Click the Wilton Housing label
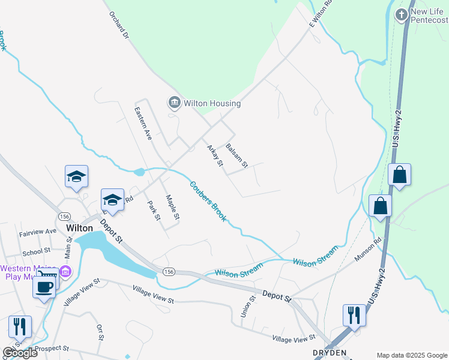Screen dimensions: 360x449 pos(212,103)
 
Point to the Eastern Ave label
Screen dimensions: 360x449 pos(143,123)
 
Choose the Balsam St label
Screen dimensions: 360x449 pos(236,155)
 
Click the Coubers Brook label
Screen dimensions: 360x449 pos(208,202)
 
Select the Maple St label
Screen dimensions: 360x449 pos(172,207)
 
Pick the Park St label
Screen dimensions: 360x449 pos(154,210)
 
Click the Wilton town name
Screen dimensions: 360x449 pos(79,229)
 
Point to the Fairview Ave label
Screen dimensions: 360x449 pos(37,231)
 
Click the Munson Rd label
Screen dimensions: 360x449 pos(367,248)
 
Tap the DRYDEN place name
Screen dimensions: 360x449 pos(330,353)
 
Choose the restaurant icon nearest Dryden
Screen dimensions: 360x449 pos(354,314)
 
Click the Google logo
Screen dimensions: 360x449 pos(20,353)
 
